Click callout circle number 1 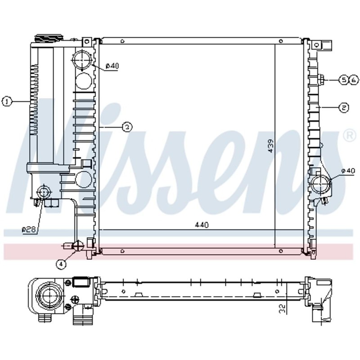(6, 102)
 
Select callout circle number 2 (343, 108)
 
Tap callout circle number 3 (127, 127)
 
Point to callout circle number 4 (61, 264)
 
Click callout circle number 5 (344, 80)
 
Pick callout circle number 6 (353, 80)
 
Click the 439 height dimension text (270, 146)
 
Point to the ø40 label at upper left (112, 66)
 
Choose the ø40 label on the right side (348, 171)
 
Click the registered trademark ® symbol (349, 135)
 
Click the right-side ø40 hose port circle (320, 184)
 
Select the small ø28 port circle (44, 192)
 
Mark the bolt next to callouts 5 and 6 (322, 80)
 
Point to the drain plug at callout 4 (77, 246)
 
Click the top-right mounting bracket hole (316, 45)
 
